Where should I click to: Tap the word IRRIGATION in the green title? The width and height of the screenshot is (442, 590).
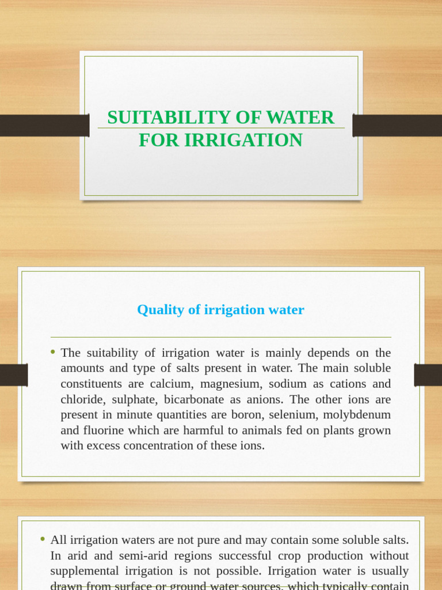tap(243, 140)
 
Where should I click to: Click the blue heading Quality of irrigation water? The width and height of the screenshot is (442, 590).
tap(220, 310)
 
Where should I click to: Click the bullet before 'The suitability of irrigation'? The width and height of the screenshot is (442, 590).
tap(53, 352)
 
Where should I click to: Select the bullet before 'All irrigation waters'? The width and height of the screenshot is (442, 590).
tap(43, 539)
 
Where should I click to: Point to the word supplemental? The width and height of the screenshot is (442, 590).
tap(87, 571)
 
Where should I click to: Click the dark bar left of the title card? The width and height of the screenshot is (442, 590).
tap(44, 126)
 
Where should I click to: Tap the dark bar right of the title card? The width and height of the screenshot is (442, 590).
tap(397, 126)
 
